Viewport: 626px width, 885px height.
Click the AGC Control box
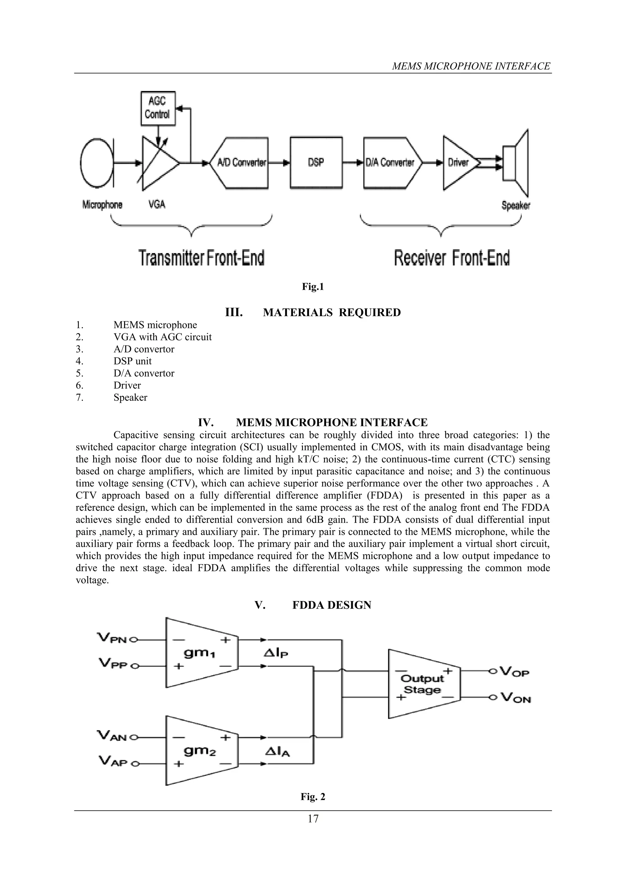tap(158, 108)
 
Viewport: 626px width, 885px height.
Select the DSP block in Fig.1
tap(316, 163)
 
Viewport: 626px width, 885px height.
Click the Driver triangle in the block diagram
tap(459, 163)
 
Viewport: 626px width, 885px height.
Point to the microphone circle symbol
tap(96, 162)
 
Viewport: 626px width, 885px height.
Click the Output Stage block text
tap(422, 684)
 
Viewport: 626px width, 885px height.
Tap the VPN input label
tap(112, 639)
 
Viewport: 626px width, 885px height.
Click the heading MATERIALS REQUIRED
tap(332, 313)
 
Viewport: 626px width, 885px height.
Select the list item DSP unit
tap(132, 361)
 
